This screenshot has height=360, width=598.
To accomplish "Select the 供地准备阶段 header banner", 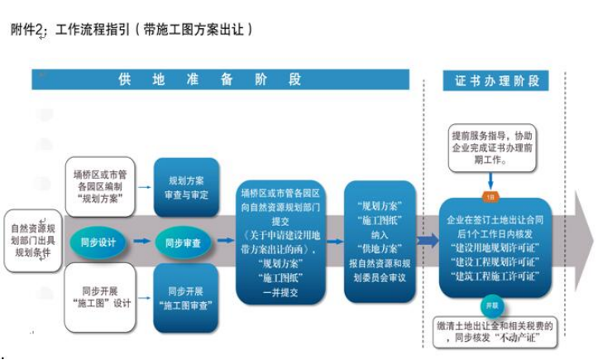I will (220, 79).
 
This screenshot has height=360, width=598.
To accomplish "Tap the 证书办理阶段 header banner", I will (495, 80).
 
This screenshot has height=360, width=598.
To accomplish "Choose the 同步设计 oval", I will (97, 242).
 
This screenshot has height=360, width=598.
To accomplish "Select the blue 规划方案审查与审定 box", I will (186, 188).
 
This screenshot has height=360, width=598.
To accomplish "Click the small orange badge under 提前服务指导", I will (490, 198).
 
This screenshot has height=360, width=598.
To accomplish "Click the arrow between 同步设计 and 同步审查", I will (141, 242).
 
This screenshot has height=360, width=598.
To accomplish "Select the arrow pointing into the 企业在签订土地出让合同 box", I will (428, 241).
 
